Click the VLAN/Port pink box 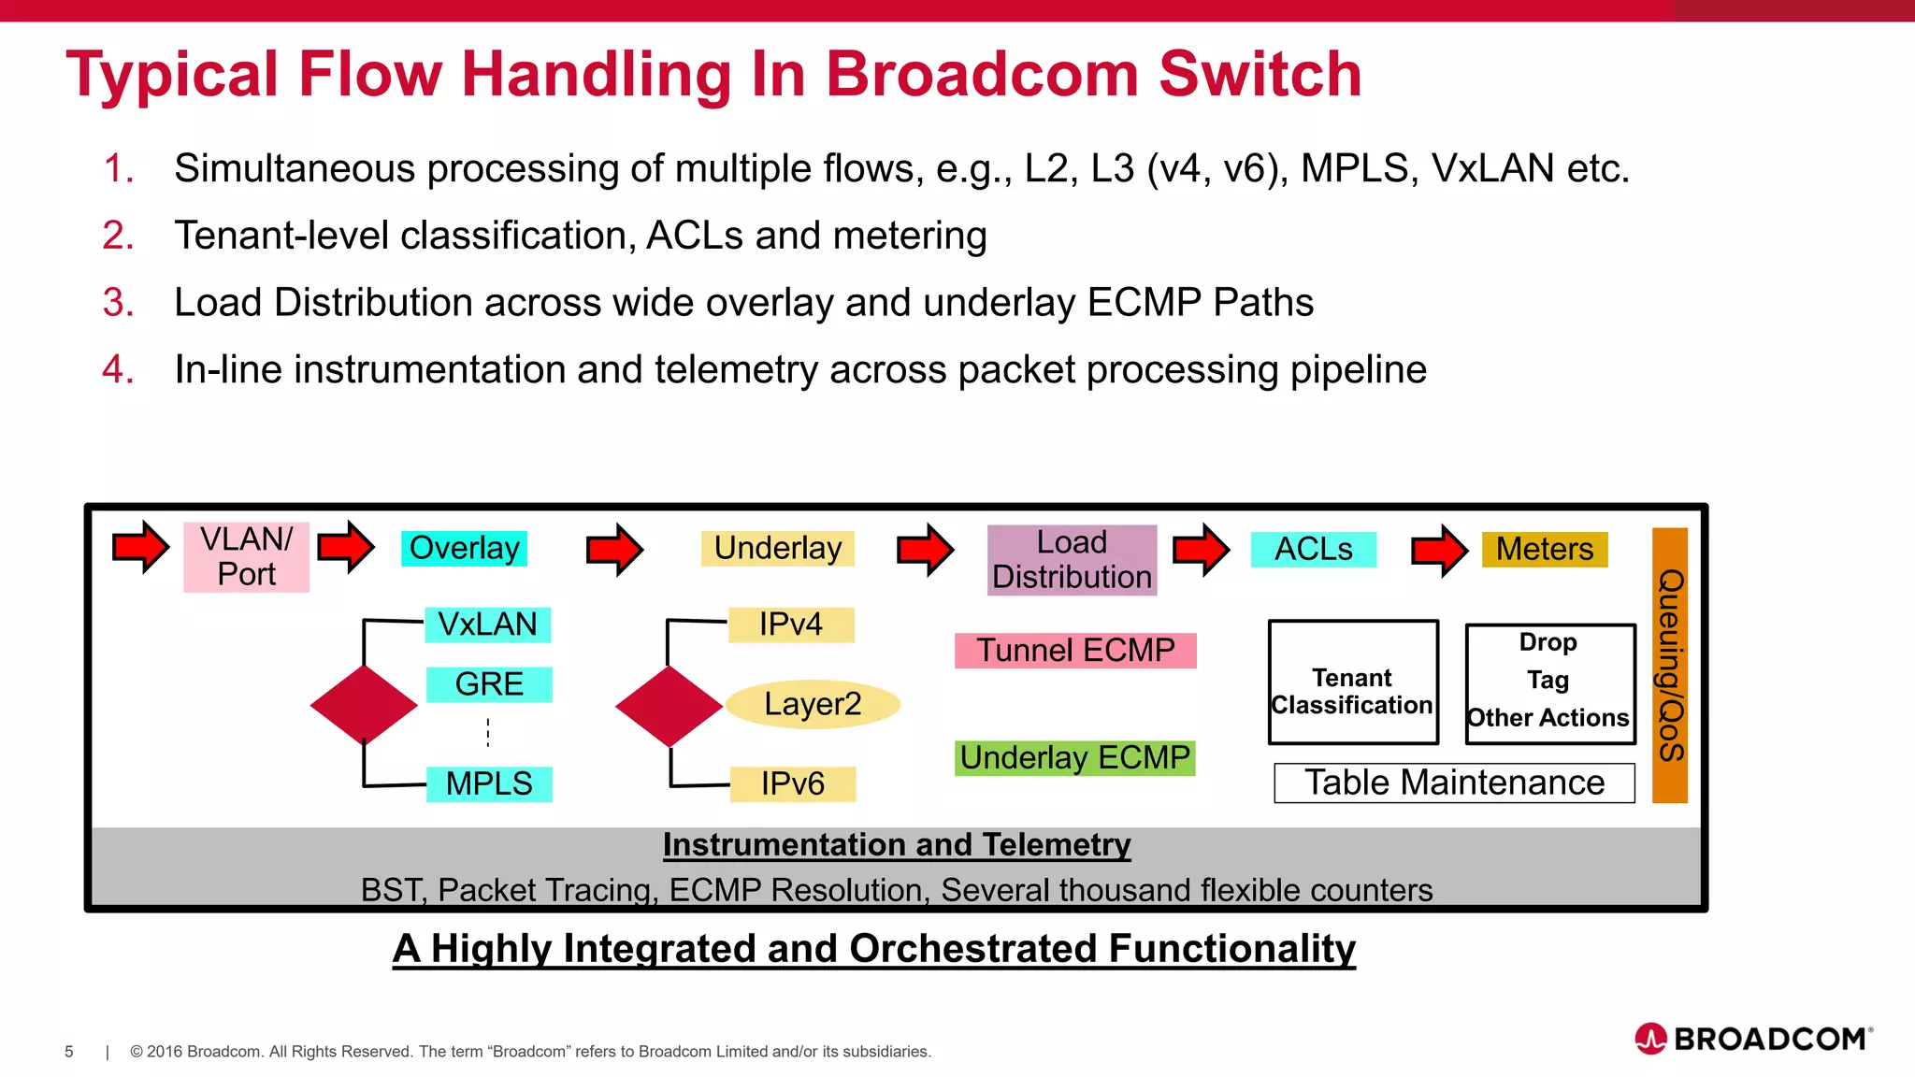[246, 557]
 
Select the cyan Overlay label [464, 549]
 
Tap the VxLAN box [487, 625]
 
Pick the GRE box [489, 684]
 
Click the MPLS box [489, 783]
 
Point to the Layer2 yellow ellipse [813, 704]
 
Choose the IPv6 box [792, 783]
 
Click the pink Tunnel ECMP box [1075, 651]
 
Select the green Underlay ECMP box [1074, 758]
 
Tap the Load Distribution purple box [1072, 560]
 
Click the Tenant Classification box [1352, 682]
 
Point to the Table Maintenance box [1454, 783]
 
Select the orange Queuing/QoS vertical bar [1669, 665]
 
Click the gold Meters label [1544, 550]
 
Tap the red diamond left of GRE [364, 705]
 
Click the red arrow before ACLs [1201, 550]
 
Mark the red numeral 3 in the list [118, 303]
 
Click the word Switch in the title [1260, 75]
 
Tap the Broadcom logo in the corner [1753, 1039]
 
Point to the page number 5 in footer [69, 1052]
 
